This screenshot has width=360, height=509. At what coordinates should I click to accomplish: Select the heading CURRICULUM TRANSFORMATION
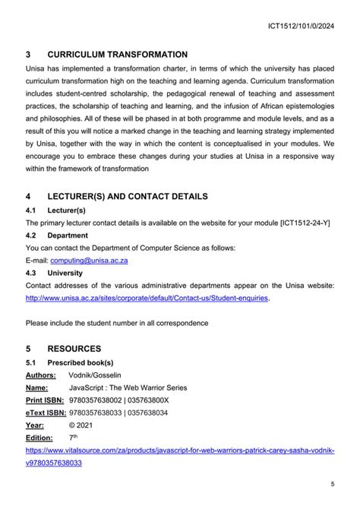click(117, 55)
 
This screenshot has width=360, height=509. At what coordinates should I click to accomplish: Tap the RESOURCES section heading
click(74, 349)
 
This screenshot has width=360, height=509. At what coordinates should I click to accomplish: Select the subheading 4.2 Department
click(57, 236)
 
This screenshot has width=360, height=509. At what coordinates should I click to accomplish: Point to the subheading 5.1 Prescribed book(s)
click(69, 362)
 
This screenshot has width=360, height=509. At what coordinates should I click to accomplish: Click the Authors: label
click(40, 375)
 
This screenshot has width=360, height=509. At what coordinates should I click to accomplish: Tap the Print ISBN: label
click(45, 400)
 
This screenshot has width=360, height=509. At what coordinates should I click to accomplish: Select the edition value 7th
click(73, 438)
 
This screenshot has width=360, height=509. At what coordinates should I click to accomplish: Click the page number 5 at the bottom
click(332, 484)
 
